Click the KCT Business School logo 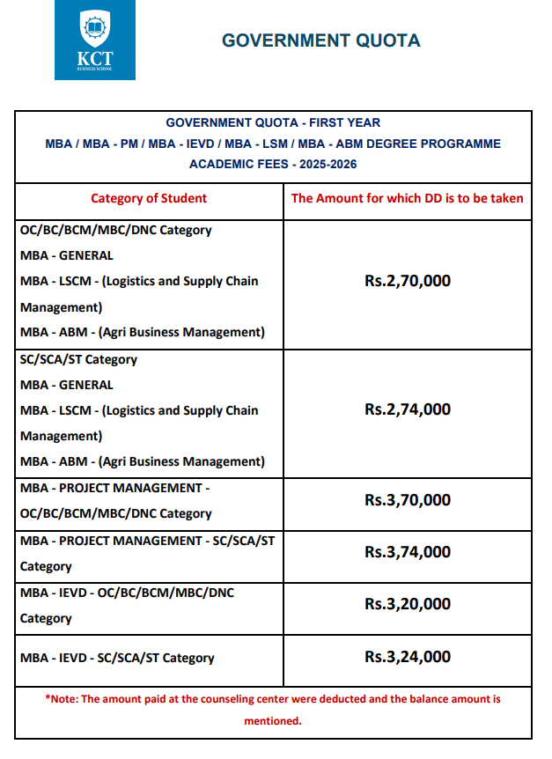pos(95,41)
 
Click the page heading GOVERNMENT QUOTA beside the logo pos(320,41)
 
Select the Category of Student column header pos(149,198)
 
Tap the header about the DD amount pos(407,198)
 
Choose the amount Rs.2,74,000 pos(407,409)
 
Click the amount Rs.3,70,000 pos(407,500)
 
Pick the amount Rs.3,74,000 pos(407,552)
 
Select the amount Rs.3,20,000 pos(407,604)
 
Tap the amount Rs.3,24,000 pos(407,657)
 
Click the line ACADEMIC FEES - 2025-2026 pos(273,164)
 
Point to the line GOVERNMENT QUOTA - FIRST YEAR pos(273,123)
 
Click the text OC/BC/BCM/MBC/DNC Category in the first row pos(115,230)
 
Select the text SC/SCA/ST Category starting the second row pos(78,359)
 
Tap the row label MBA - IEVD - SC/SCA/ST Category pos(117,658)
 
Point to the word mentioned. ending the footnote pos(273,720)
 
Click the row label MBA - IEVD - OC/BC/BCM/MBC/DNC pos(128,593)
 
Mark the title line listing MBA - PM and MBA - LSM pos(273,144)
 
